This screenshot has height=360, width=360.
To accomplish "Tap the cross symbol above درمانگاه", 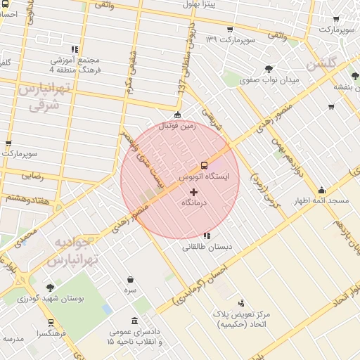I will coord(194,191).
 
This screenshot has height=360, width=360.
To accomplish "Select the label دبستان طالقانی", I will coord(207,247).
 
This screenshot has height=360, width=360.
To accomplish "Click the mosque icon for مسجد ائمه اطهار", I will coord(321,190).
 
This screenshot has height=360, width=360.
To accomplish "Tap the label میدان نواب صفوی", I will coord(269,80).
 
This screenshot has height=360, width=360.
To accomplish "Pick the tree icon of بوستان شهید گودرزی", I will coord(50,288).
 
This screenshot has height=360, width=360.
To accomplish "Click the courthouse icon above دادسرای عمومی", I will coord(134,321).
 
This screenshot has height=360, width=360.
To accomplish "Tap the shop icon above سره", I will coord(131,279).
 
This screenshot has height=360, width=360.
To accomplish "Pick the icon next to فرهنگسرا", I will coord(50,323).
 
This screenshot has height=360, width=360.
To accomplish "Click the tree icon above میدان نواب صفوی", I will coord(269,68).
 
